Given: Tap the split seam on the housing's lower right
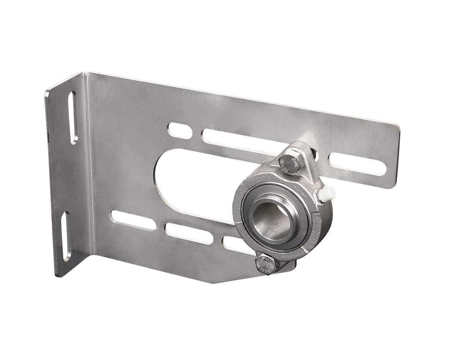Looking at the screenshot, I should tap(304, 249).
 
